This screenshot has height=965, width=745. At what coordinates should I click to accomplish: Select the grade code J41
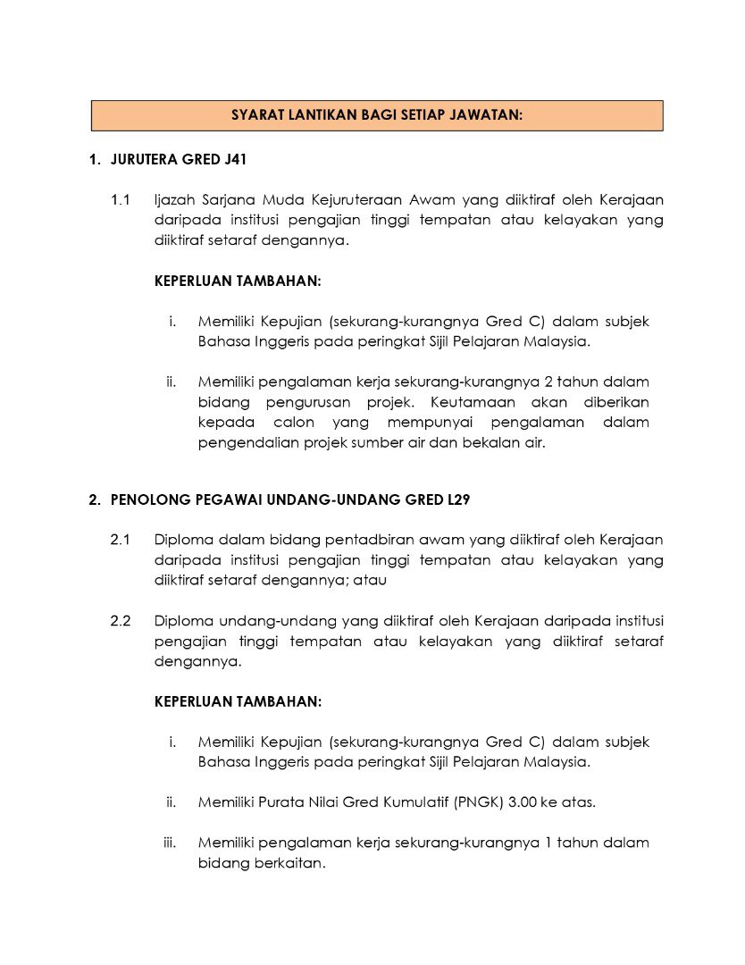tap(231, 161)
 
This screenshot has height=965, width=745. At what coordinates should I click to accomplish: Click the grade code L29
tap(455, 500)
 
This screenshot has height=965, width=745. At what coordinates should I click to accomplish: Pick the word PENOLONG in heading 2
tap(147, 500)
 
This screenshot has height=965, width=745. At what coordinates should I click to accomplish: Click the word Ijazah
tap(175, 198)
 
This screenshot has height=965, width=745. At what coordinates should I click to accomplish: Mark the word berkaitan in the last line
tap(290, 863)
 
